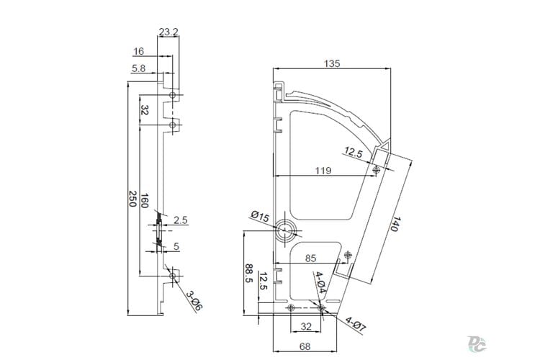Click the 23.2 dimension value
[x=168, y=32]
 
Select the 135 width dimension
[x=332, y=64]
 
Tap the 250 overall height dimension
[x=132, y=199]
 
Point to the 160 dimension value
[x=144, y=201]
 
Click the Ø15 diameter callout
[x=260, y=217]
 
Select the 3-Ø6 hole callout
[x=194, y=300]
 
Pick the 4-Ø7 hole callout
[x=356, y=325]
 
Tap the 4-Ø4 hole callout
[x=320, y=282]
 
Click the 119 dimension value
[x=323, y=171]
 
